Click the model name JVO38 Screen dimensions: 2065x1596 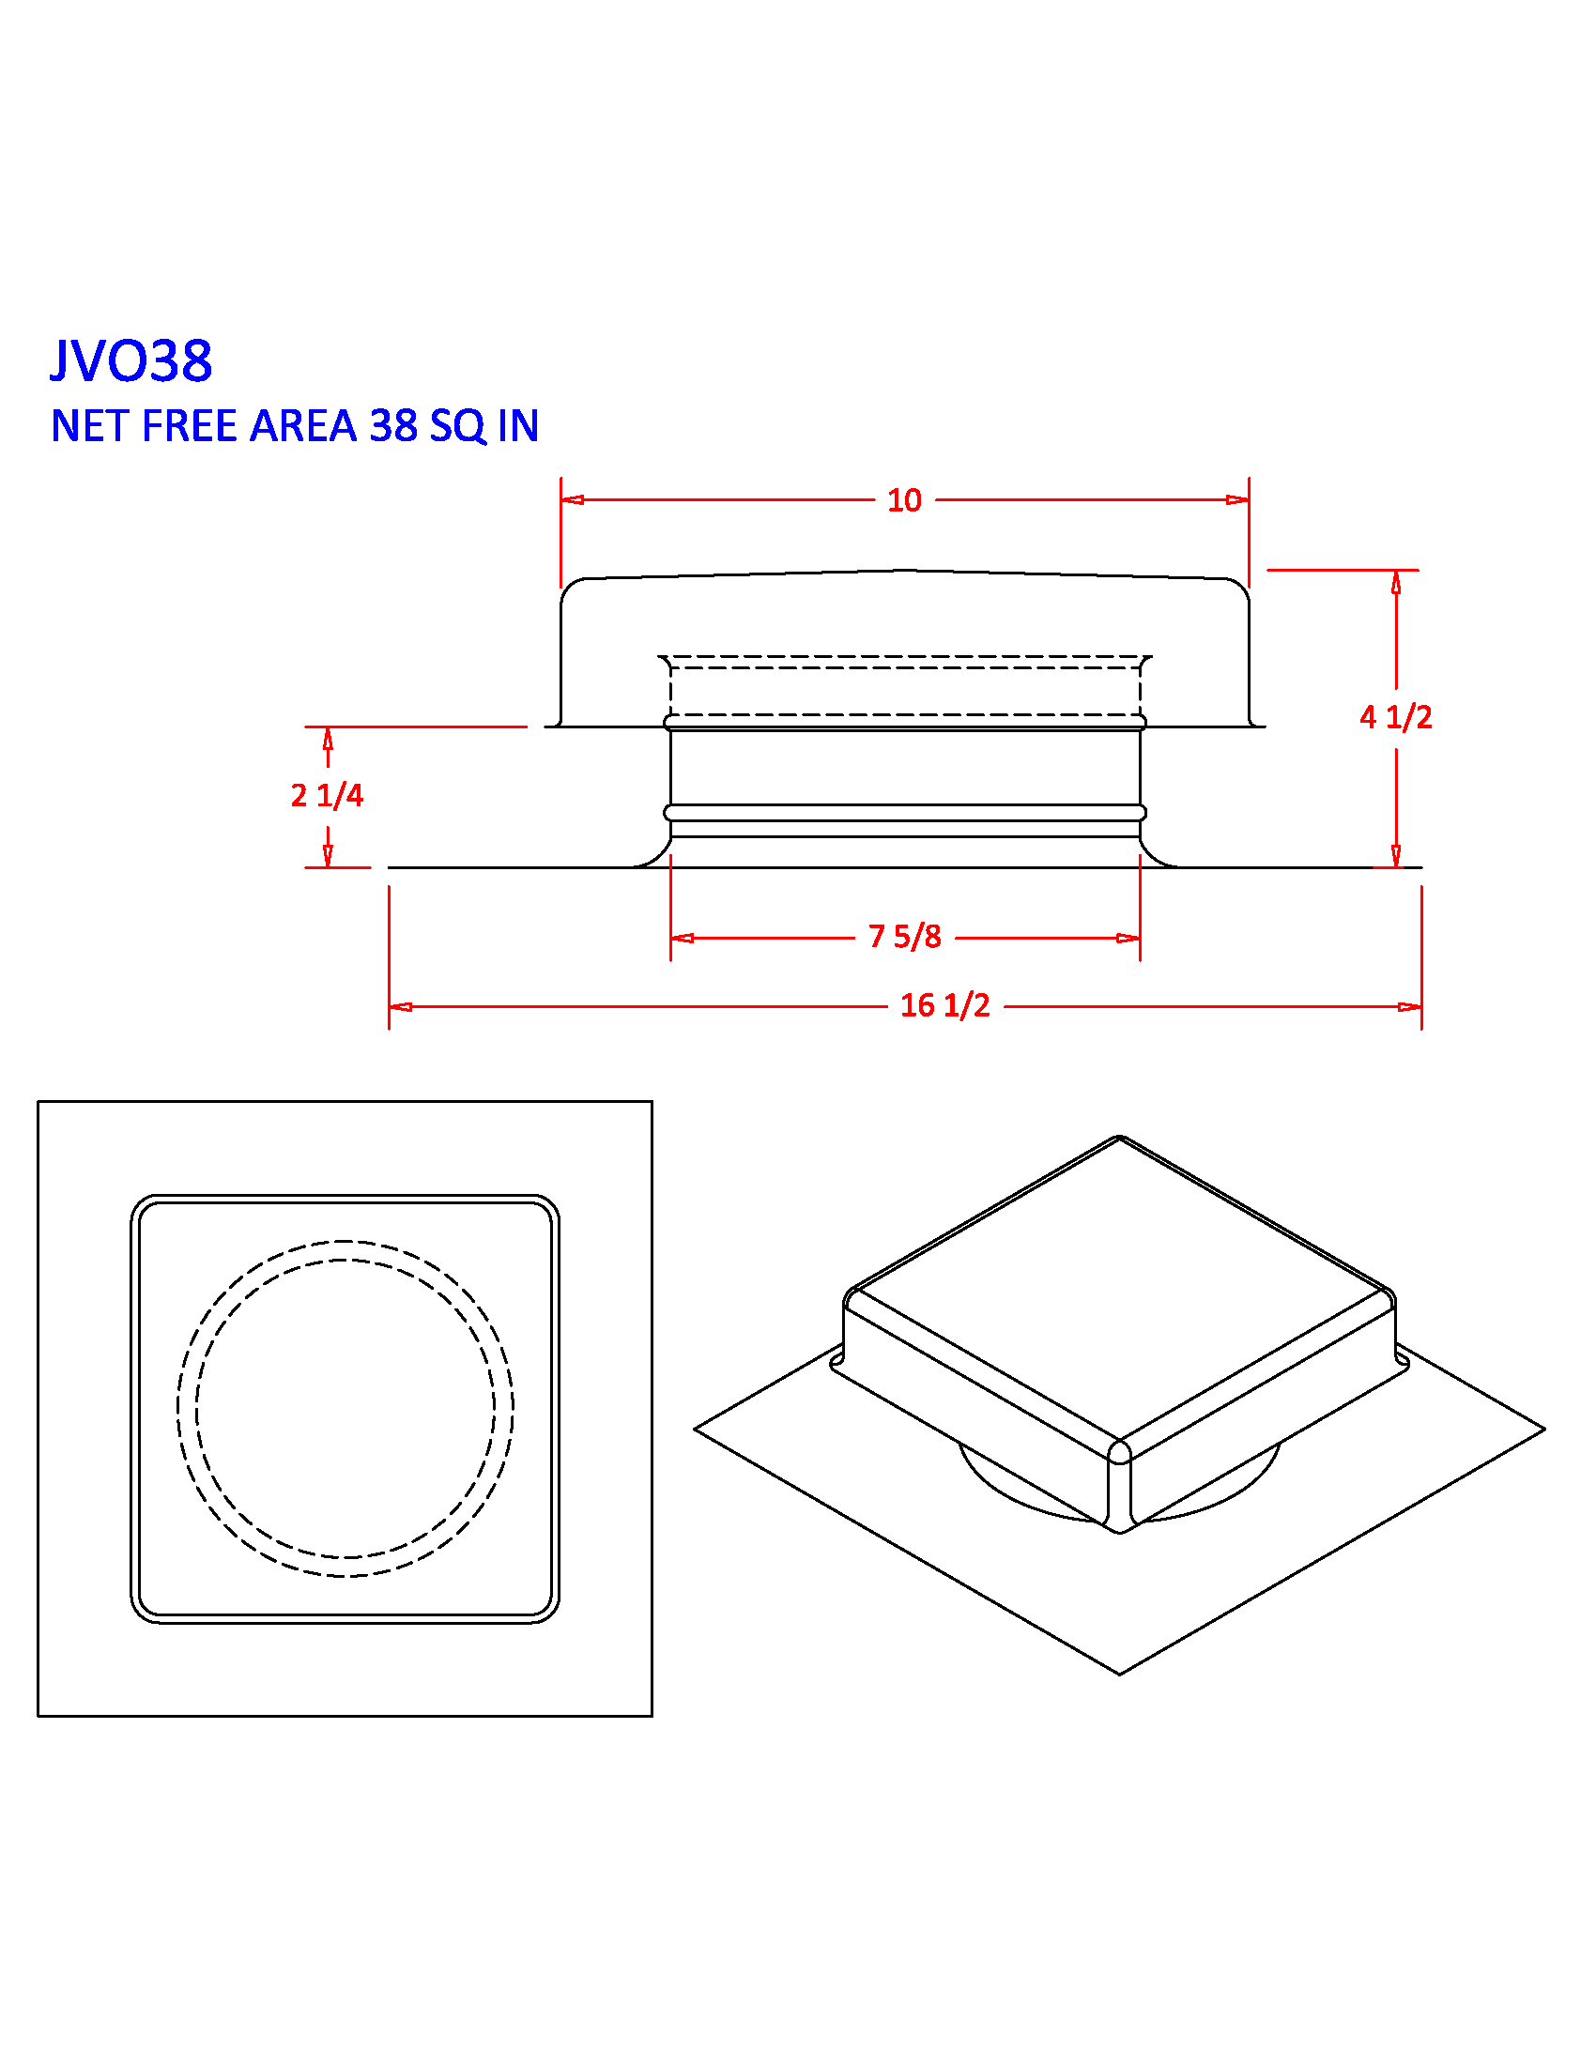[130, 360]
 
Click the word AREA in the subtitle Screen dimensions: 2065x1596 [302, 426]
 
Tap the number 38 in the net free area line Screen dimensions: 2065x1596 [393, 426]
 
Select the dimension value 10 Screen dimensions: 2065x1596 [904, 500]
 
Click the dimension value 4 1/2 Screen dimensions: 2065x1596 [1395, 718]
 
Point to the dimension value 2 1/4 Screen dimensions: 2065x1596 [326, 795]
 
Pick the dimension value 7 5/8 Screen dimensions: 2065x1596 [905, 937]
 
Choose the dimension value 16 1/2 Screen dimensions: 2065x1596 [944, 1005]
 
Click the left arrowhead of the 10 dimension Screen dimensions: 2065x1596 [572, 499]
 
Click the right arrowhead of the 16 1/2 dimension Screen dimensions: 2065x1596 [1410, 1006]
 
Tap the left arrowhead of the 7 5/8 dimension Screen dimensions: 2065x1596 [682, 938]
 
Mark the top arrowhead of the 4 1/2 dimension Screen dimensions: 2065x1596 [1395, 583]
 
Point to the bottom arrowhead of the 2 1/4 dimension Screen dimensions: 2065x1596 [328, 855]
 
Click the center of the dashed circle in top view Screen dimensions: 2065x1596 [345, 1408]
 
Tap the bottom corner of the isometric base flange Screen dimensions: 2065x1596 [1119, 1674]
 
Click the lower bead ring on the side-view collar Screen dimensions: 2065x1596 [905, 812]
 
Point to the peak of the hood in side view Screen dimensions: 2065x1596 [905, 570]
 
